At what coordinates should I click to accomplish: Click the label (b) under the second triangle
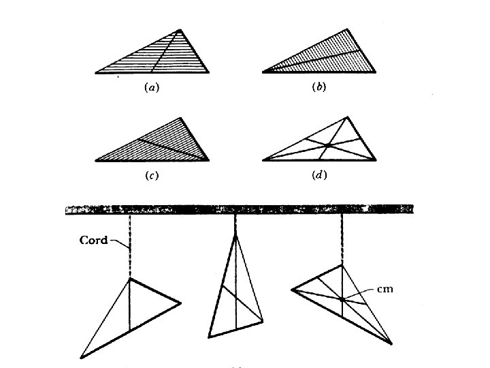point(318,87)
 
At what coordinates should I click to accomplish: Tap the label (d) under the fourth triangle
point(318,176)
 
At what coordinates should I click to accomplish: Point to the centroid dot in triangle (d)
point(327,145)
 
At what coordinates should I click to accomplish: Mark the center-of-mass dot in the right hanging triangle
point(342,298)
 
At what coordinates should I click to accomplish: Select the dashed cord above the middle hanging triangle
point(235,224)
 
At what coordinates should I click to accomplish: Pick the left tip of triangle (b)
point(263,72)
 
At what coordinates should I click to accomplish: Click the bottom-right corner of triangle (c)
point(209,161)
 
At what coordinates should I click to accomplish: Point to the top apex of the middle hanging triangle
point(235,234)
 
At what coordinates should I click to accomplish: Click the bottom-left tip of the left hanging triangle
point(81,356)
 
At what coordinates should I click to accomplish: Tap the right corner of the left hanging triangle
point(180,303)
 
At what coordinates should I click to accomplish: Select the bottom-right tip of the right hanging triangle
point(391,342)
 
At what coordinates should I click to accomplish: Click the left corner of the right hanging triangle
point(291,290)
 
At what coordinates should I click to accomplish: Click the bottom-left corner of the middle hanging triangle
point(210,337)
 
